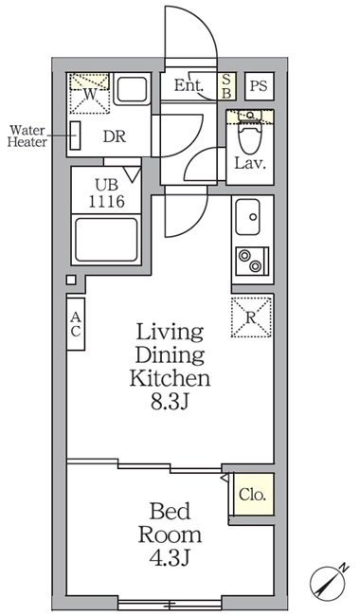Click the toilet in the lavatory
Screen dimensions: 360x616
point(250,135)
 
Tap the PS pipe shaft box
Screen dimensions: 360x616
point(259,85)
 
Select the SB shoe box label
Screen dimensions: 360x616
point(227,85)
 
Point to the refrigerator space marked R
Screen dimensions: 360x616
point(251,317)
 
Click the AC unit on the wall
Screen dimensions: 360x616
point(76,324)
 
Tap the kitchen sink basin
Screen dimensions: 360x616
point(247,216)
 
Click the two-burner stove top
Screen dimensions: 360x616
point(252,261)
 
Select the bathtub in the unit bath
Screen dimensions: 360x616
point(106,240)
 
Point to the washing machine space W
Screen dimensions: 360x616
point(89,94)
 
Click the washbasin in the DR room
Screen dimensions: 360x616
point(132,89)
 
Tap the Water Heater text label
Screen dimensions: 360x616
point(27,136)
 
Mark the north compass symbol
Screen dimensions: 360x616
point(328,581)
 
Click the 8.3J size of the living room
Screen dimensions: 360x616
point(171,403)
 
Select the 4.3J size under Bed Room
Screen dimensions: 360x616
point(170,558)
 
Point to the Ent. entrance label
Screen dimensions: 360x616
point(189,85)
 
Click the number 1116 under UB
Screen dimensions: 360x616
point(106,202)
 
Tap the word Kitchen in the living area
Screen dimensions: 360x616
point(170,378)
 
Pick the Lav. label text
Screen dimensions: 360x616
point(250,163)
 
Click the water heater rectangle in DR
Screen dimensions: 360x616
point(76,136)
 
